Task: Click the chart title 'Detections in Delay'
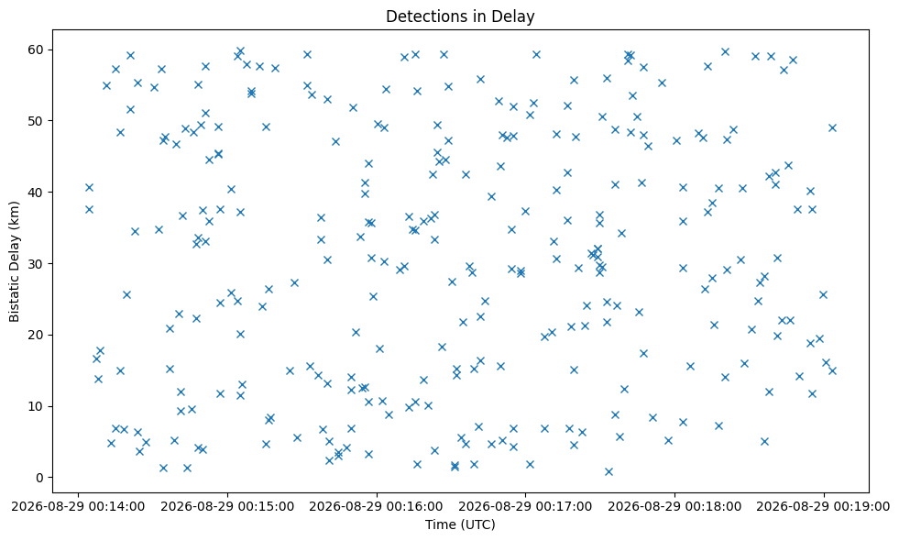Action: [x=460, y=17]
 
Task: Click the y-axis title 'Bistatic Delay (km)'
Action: [x=14, y=261]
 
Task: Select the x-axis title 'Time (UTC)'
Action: [x=460, y=524]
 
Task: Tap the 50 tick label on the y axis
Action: [x=36, y=121]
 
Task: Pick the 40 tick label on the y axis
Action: [x=36, y=193]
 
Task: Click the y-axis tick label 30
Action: [x=36, y=264]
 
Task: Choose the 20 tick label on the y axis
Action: [x=36, y=335]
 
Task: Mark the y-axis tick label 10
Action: [x=36, y=406]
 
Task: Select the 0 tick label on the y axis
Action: [x=40, y=478]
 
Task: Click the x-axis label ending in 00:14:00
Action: [x=78, y=506]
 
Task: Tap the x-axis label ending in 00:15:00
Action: [x=227, y=506]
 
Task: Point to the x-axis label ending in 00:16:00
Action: [x=377, y=506]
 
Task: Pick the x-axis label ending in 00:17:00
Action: [x=526, y=506]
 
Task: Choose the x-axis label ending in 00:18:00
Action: [x=674, y=506]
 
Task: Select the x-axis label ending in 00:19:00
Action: [x=824, y=506]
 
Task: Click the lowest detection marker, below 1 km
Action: [x=608, y=471]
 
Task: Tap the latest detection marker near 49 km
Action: [x=832, y=128]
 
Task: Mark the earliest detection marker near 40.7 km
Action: [x=89, y=188]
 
